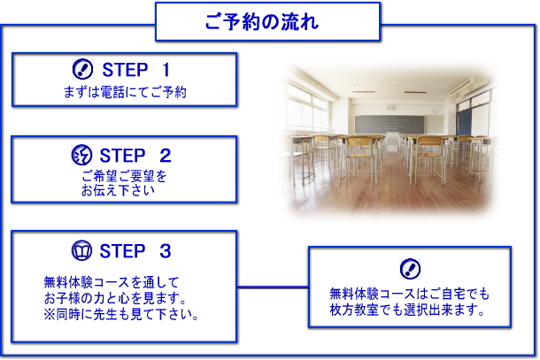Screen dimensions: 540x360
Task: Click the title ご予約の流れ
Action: (x=262, y=22)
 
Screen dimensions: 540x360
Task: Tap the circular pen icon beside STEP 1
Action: (x=82, y=69)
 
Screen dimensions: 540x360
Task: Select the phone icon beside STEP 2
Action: (x=81, y=155)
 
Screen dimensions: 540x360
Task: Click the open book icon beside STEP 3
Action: (x=81, y=250)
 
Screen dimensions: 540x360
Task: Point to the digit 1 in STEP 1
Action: (x=166, y=70)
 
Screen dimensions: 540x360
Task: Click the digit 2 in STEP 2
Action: (x=166, y=155)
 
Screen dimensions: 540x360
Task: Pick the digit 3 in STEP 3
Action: (x=166, y=251)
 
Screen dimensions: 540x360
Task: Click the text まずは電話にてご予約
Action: (x=125, y=92)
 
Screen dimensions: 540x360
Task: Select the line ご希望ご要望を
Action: (x=124, y=176)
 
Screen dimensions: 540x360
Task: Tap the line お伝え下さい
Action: (x=118, y=190)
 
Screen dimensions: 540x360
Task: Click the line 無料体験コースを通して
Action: (x=112, y=282)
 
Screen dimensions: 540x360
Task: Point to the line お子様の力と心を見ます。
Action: (x=115, y=298)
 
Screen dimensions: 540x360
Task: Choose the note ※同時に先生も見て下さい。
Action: (x=121, y=314)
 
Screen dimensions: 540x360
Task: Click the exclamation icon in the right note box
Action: (x=410, y=269)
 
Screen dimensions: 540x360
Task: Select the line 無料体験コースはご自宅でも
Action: (x=409, y=294)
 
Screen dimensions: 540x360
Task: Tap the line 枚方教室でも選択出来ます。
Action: (x=407, y=310)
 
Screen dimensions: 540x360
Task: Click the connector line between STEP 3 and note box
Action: (x=273, y=287)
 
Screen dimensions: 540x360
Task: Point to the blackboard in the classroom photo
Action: (x=390, y=124)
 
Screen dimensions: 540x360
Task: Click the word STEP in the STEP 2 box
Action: (x=122, y=155)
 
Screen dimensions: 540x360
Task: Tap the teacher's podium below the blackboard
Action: (x=391, y=142)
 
